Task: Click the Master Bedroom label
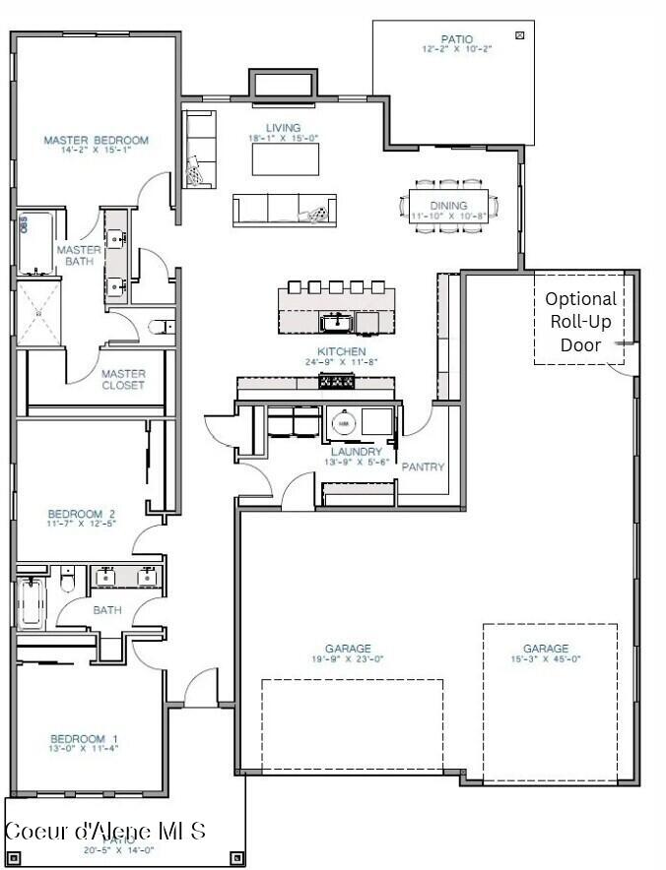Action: pos(96,141)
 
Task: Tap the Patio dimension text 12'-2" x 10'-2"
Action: pos(456,48)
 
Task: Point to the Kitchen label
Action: pos(341,351)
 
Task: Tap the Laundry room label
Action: pos(356,452)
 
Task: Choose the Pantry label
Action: pos(423,467)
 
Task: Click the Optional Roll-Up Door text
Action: pos(580,322)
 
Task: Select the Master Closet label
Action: pos(123,379)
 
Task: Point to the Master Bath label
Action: pos(79,256)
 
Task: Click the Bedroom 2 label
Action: pos(82,514)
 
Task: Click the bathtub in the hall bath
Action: pos(31,603)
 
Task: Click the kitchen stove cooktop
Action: pos(337,381)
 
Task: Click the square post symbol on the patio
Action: pos(520,35)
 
